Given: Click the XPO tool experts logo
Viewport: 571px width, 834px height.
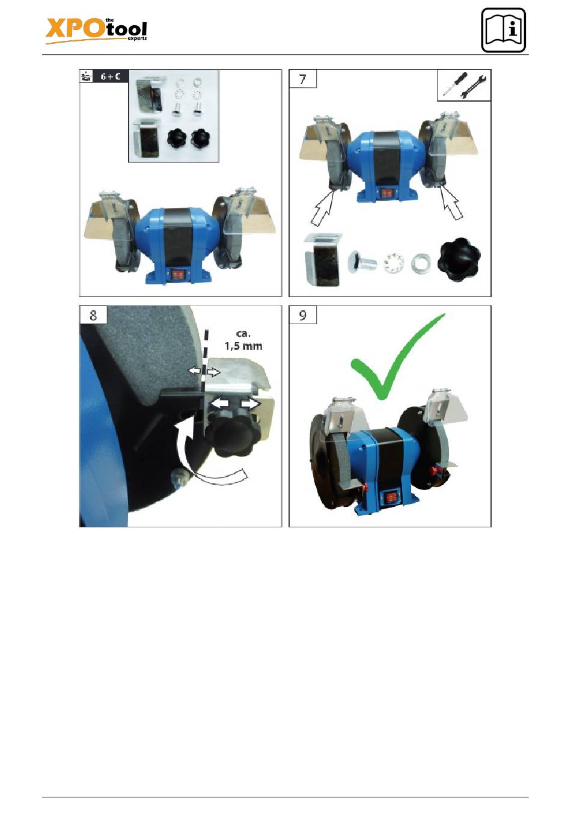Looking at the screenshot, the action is [x=96, y=31].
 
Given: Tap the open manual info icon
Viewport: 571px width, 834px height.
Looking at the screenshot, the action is [x=503, y=30].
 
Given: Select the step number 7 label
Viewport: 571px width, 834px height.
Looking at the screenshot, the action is [x=302, y=79].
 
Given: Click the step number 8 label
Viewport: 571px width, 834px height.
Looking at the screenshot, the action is [x=93, y=315].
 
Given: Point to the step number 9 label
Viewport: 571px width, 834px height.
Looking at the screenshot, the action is [x=302, y=315].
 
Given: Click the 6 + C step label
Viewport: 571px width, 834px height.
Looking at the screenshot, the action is [x=111, y=76].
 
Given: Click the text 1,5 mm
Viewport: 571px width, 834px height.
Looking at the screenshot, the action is [x=243, y=346].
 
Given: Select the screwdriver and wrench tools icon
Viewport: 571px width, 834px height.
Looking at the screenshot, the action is [x=464, y=85].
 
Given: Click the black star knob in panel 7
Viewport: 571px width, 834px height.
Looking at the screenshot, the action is [x=460, y=260].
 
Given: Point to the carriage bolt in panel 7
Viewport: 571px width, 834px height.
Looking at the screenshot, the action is [x=362, y=262].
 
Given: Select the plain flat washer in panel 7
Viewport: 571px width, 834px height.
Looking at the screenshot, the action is [x=420, y=263].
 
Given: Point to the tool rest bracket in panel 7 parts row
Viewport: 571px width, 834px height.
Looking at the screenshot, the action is [x=322, y=260].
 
